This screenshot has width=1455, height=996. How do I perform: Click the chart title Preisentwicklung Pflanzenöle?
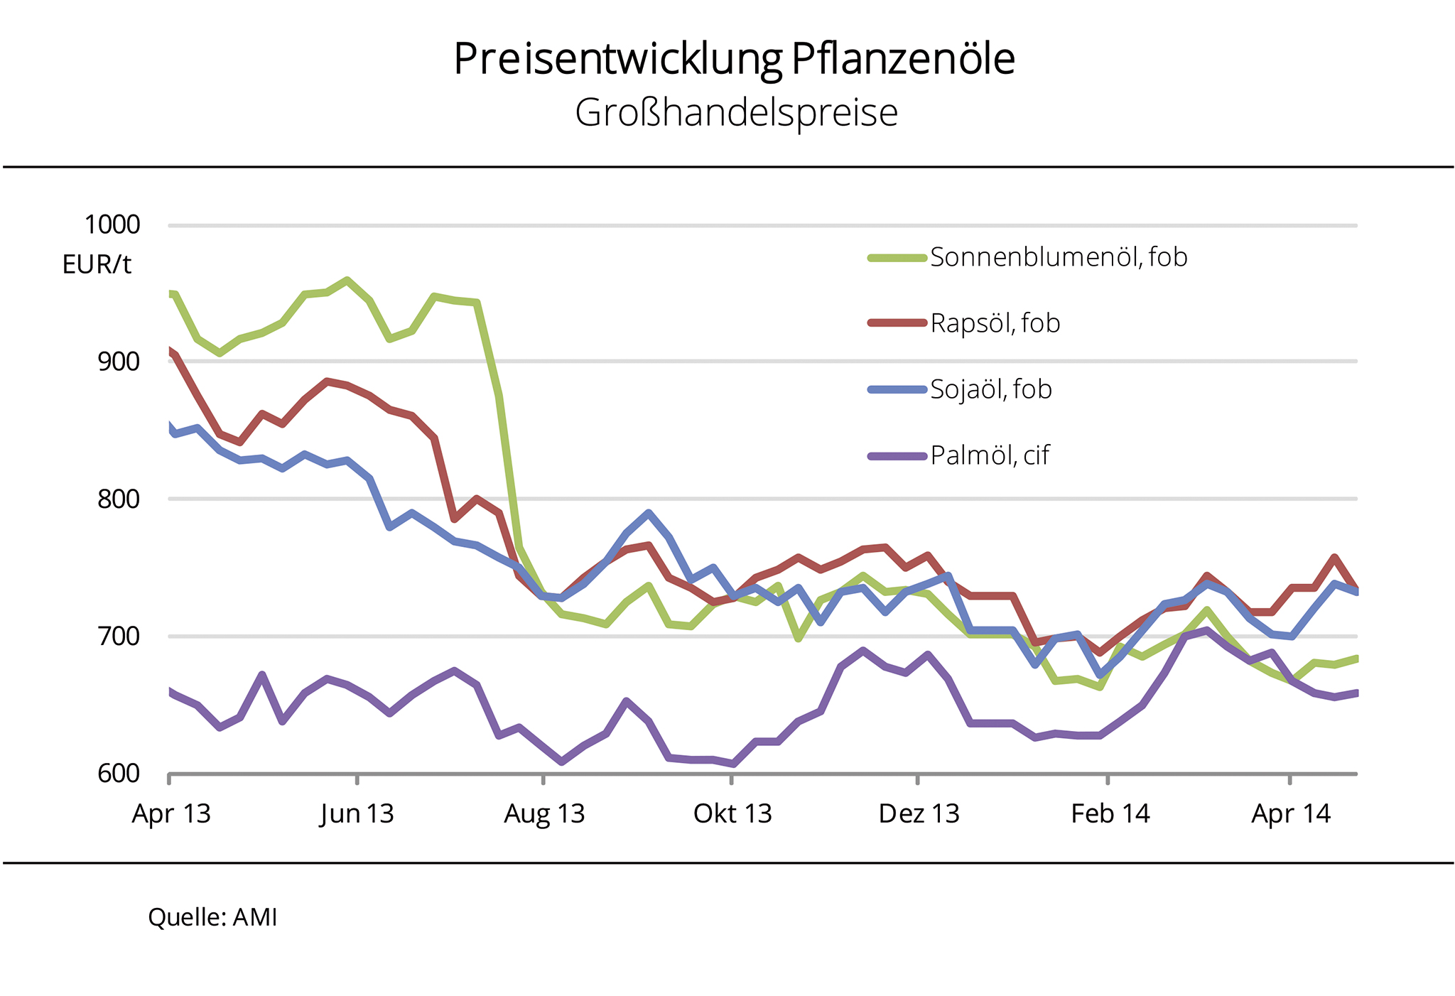point(734,59)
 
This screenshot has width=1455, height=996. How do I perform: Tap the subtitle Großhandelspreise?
point(736,113)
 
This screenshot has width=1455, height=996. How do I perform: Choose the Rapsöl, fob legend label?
point(995,323)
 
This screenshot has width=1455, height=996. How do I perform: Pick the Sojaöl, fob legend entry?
point(990,389)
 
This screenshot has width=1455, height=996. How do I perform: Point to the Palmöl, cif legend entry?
point(989,455)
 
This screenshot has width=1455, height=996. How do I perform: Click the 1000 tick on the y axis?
point(112,224)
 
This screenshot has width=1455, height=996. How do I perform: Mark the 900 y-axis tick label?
point(119,362)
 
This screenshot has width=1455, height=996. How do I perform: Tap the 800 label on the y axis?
point(119,499)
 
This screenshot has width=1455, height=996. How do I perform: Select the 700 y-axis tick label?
point(119,636)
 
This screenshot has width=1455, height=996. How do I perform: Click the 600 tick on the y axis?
point(119,773)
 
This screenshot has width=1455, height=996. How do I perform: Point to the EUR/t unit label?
point(97,265)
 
